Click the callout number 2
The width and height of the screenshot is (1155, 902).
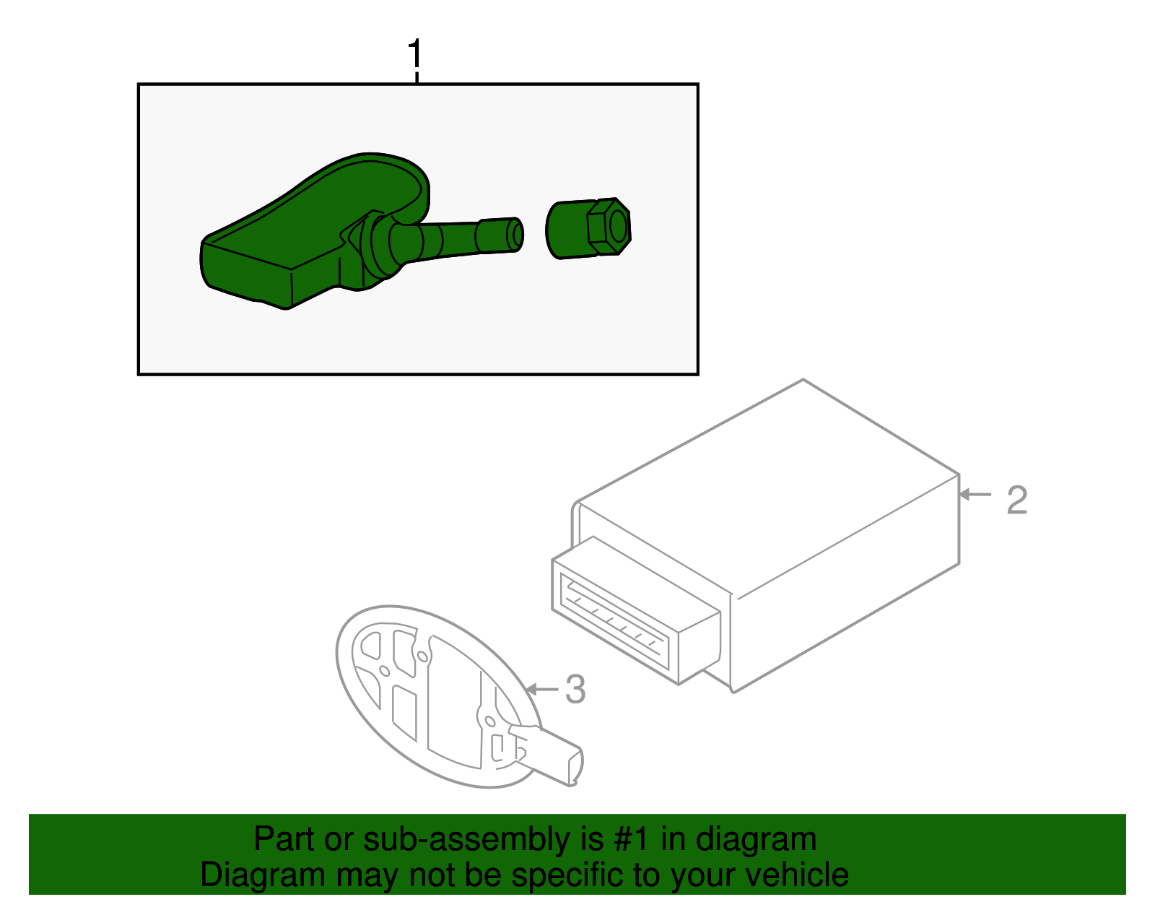click(1016, 500)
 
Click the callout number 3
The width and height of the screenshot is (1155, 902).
click(575, 689)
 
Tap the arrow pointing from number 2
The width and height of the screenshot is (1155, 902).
click(975, 495)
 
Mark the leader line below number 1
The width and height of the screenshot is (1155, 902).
click(417, 76)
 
